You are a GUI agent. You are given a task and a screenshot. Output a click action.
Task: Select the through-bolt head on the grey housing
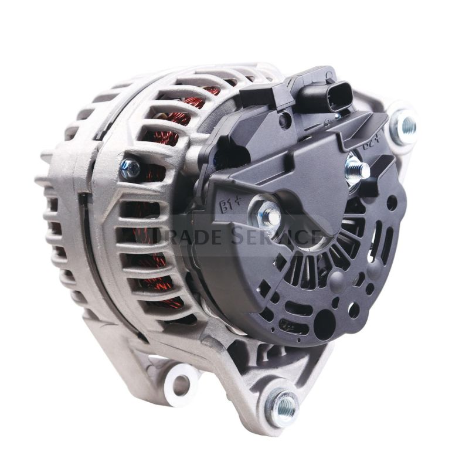coord(130,169)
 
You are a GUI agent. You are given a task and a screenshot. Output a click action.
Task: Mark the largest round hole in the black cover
coord(324,322)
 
